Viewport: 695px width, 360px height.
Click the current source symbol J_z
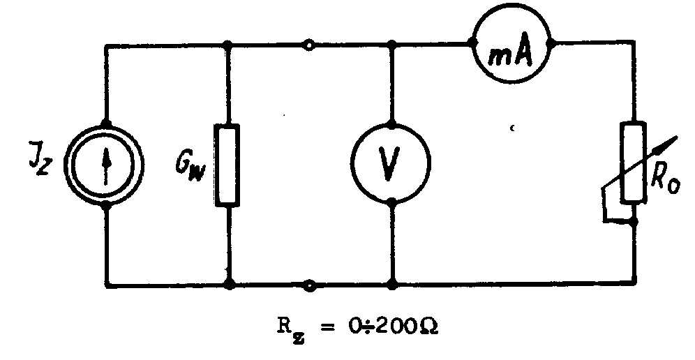coord(106,165)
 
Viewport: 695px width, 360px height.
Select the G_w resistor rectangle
coord(228,165)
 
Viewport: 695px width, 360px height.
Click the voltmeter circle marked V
coord(391,165)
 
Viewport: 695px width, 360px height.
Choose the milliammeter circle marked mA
coord(511,44)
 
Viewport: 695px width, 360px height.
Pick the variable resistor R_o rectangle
coord(633,162)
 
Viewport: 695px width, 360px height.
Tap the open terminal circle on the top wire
coord(309,45)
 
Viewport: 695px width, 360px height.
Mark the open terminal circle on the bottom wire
coord(309,285)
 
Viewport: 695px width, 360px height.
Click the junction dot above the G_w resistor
coord(228,45)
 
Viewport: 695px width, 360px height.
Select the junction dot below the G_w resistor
coord(228,285)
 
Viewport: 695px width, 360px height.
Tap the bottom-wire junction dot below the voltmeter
coord(392,285)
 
